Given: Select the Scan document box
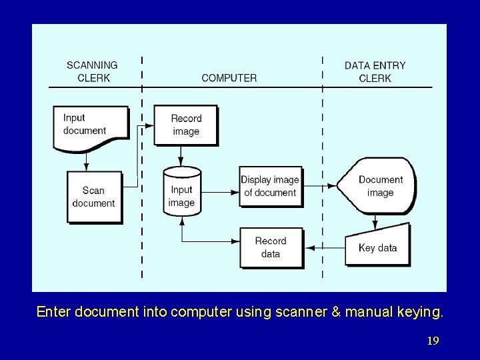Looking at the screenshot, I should coord(93,197).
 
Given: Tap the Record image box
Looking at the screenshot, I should coord(185,125).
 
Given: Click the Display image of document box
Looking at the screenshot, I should coord(270,186).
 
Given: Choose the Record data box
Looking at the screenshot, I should coord(271,247).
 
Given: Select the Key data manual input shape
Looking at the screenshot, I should coord(377,247).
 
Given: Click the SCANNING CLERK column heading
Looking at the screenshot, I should coord(92,71).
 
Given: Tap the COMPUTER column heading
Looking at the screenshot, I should coord(229,78).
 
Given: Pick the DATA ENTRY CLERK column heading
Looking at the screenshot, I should coord(375,71).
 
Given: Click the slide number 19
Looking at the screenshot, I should coord(433,341).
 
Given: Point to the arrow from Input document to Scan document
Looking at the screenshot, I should coord(86,160).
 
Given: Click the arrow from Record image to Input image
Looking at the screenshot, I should coord(181,156).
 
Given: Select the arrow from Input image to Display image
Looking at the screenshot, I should coord(220,192).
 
